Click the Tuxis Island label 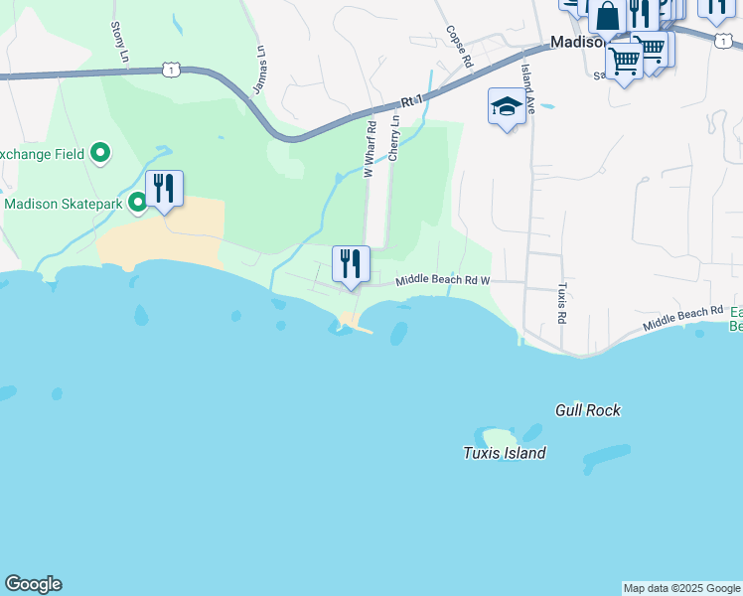pos(504,453)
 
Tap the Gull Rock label pos(587,409)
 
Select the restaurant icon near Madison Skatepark pos(164,189)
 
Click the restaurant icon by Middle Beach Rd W pos(351,264)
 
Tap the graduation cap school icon pos(507,106)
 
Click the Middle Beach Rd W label pos(443,281)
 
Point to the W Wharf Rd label pos(370,150)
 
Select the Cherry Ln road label pos(394,138)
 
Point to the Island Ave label pos(529,89)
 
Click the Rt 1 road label pos(412,100)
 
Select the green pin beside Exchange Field pos(99,153)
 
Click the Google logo pos(33,584)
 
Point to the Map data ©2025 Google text pos(681,588)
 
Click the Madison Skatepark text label pos(64,204)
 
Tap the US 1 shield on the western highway pos(173,70)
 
